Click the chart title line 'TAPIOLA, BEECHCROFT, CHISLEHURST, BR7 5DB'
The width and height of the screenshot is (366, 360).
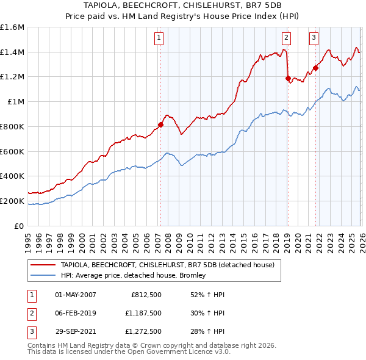coord(182,5)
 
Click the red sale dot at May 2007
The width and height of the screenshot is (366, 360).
coord(160,125)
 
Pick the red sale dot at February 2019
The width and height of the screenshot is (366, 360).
coord(287,78)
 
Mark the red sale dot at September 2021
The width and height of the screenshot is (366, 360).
coord(316,68)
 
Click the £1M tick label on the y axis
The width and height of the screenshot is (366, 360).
coord(15,102)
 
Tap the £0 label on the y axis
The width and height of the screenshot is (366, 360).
coord(20,226)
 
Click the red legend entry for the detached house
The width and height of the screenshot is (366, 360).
coord(168,265)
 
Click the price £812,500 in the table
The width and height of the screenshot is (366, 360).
coord(146,295)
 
